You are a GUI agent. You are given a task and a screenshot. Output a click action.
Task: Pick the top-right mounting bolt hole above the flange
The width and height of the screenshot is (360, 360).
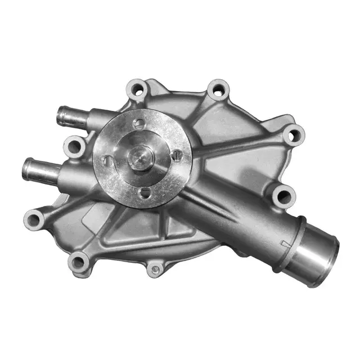(x=215, y=89)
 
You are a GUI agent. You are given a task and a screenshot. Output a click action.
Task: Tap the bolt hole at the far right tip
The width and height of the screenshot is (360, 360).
(x=294, y=134)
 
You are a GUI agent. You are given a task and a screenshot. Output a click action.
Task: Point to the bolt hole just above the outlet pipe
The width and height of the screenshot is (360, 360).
(x=284, y=196)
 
